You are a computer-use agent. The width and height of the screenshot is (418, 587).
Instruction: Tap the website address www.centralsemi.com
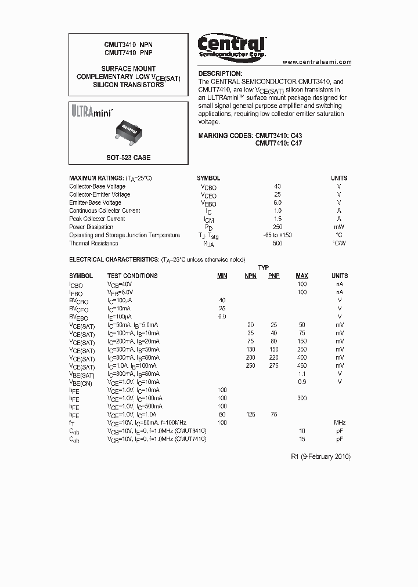pos(317,62)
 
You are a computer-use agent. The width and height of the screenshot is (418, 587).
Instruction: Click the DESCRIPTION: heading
pos(220,74)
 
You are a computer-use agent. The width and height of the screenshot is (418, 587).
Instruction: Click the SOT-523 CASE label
pos(128,158)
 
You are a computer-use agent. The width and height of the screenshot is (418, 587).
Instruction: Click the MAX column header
pos(302,276)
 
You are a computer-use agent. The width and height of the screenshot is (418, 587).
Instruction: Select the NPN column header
pos(250,276)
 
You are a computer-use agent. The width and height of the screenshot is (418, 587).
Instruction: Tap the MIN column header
pos(222,276)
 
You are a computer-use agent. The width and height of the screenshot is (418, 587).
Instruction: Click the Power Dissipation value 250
pos(278,227)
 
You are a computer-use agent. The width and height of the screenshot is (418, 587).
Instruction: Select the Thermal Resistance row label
pos(93,243)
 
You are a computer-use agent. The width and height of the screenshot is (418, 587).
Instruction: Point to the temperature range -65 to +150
pos(278,235)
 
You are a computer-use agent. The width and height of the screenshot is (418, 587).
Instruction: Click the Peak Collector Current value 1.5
pos(278,219)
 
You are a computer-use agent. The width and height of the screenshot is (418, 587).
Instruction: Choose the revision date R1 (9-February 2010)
pos(320,456)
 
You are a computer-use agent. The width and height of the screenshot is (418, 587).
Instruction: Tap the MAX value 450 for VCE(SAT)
pos(302,365)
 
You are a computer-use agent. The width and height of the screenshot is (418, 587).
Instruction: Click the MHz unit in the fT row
pos(340,422)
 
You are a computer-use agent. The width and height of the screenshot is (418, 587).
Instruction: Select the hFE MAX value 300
pos(302,398)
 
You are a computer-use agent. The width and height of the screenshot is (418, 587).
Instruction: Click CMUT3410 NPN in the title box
pos(128,44)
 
